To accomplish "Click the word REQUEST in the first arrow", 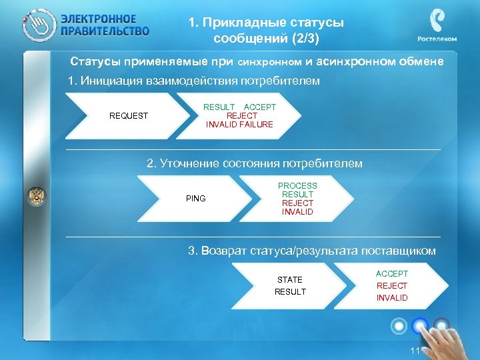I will tap(129, 116).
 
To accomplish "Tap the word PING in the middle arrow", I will tap(196, 199).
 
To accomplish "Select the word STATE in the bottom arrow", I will tap(290, 280).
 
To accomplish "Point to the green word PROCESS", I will tap(297, 186).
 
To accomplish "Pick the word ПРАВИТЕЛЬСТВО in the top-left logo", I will tap(105, 31).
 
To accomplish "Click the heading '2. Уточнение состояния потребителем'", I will tap(254, 163).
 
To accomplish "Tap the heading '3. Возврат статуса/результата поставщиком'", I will tap(312, 251).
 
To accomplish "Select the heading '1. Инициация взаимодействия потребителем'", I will tap(195, 81).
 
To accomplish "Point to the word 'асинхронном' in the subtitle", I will tap(349, 62).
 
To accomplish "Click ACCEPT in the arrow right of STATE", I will tap(392, 274).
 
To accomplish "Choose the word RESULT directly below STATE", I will tap(290, 292).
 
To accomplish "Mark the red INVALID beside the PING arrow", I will tap(297, 213).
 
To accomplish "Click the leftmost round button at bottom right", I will tap(399, 326).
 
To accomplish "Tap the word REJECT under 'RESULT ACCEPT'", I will tap(241, 116).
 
